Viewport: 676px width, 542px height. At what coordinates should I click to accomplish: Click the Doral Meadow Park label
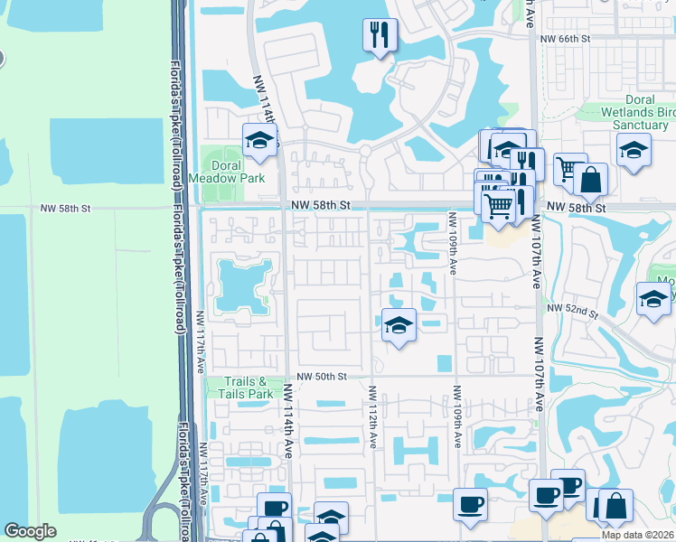tap(226, 173)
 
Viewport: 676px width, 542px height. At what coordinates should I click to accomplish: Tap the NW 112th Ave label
tap(371, 416)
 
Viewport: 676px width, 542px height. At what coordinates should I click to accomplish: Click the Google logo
tap(30, 531)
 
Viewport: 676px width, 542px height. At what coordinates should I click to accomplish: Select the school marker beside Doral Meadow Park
tap(258, 140)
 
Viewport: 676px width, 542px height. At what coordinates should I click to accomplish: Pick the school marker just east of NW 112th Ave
tap(398, 325)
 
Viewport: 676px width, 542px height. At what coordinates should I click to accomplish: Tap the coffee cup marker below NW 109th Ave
tap(469, 504)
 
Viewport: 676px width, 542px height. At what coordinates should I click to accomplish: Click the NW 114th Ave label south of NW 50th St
tap(289, 421)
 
